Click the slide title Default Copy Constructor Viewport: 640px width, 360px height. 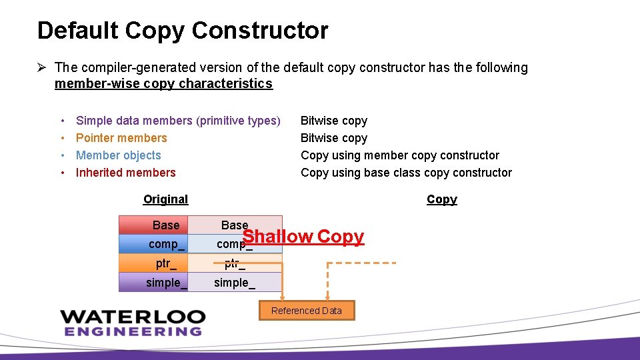click(183, 31)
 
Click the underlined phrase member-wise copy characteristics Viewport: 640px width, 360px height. click(163, 84)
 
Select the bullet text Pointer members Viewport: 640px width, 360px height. click(121, 138)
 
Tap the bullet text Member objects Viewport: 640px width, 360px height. click(119, 155)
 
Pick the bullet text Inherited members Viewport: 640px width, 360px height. click(125, 173)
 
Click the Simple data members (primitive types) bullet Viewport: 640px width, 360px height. click(178, 121)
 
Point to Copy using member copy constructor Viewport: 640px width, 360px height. click(399, 155)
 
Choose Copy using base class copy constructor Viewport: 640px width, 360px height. click(406, 173)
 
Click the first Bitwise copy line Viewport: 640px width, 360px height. click(333, 121)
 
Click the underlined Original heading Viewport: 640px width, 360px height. click(165, 199)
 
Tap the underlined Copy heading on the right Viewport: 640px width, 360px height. click(441, 199)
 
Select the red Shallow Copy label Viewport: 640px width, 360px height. click(303, 237)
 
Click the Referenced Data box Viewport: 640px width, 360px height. click(306, 311)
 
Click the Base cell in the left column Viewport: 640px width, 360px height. click(154, 225)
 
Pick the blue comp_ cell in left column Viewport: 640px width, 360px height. click(154, 244)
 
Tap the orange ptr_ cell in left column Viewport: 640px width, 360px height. click(154, 263)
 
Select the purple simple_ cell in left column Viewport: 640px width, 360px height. click(154, 283)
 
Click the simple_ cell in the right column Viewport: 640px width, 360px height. click(235, 283)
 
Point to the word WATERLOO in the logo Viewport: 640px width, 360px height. click(133, 316)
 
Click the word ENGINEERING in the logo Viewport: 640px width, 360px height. click(133, 331)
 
